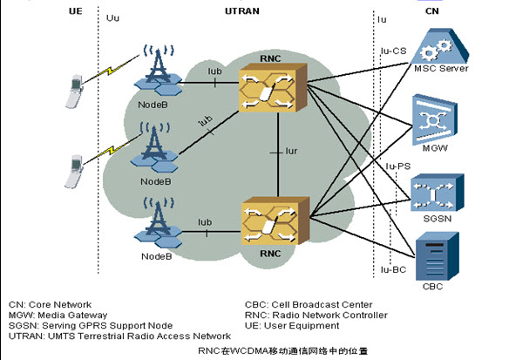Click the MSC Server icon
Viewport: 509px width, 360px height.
point(440,46)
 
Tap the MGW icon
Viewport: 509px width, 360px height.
point(435,119)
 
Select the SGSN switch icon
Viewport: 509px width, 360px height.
point(438,193)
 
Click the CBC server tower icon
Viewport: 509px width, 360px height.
point(438,256)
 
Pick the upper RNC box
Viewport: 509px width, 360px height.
point(273,88)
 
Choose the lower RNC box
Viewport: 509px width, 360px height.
point(275,221)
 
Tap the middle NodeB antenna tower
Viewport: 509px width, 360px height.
point(155,146)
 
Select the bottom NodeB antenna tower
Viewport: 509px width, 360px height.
point(159,222)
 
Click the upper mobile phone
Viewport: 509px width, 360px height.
point(74,92)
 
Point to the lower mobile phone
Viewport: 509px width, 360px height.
point(74,172)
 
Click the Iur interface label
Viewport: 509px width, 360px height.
point(291,152)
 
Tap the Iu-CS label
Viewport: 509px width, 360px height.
point(393,51)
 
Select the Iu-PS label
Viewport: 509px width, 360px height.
point(398,166)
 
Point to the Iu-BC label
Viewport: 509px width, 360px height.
point(393,269)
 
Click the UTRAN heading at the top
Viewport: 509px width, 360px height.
point(242,11)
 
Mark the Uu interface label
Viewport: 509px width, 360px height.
point(112,17)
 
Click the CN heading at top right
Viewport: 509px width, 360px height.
point(432,11)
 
